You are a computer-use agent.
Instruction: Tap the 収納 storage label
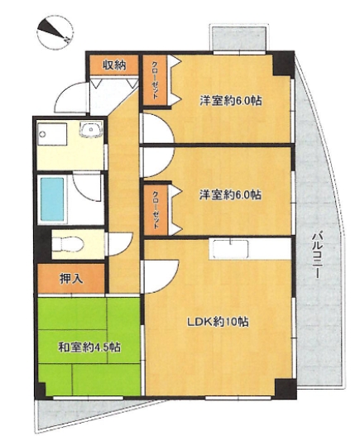coord(115,65)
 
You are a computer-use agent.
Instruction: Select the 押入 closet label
coord(71,279)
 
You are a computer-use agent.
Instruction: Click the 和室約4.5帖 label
coord(89,347)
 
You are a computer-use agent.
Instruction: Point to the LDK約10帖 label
coord(218,322)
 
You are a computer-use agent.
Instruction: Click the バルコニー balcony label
coord(316,254)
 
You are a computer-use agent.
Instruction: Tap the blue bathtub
coord(52,199)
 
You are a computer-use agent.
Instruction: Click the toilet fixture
coord(68,244)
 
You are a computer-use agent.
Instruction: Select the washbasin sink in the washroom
coord(91,130)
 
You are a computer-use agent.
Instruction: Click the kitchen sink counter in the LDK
coord(230,249)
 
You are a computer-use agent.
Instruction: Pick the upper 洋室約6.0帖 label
coord(231,101)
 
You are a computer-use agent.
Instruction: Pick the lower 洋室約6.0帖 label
coord(230,194)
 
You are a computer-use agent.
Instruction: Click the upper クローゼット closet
coord(155,80)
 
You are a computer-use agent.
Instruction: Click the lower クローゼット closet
coord(156,209)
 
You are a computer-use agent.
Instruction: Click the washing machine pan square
coord(52,134)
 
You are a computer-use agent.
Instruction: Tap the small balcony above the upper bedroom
coord(239,38)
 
